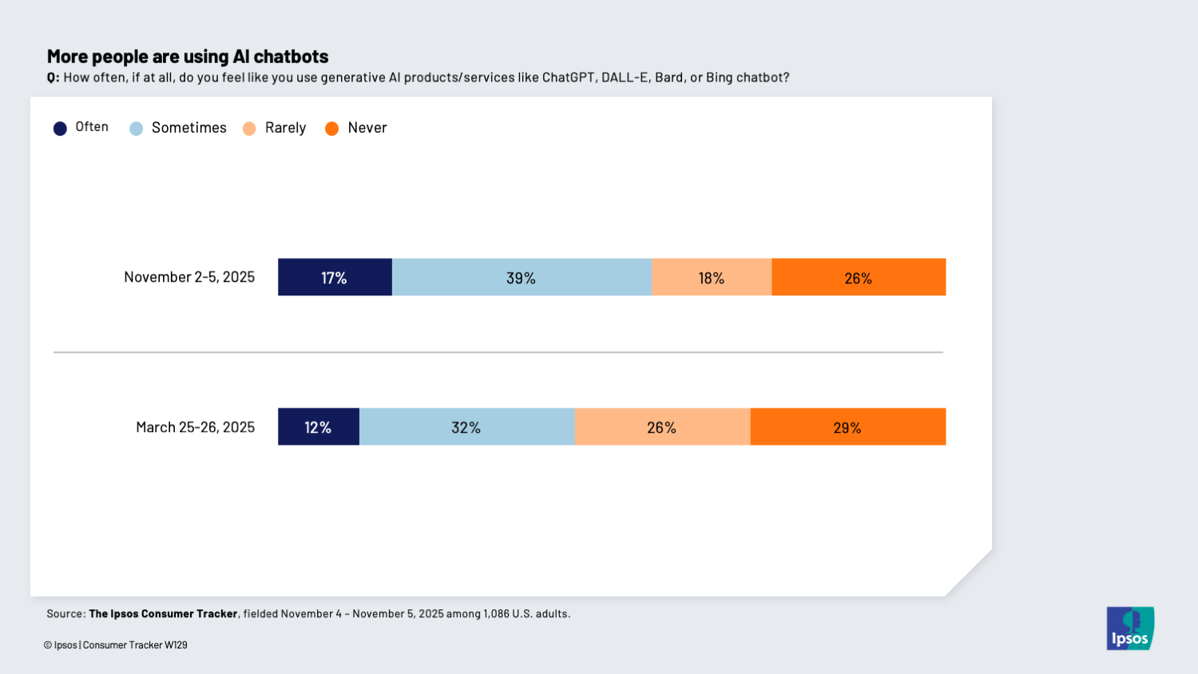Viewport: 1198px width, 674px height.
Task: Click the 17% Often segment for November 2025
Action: (335, 277)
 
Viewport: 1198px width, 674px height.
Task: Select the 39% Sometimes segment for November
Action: (521, 277)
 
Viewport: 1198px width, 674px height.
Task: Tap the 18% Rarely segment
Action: (711, 277)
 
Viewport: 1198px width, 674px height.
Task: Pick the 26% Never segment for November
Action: (859, 277)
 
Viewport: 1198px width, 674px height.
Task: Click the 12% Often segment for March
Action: (318, 426)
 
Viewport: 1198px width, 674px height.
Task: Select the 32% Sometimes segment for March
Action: (466, 426)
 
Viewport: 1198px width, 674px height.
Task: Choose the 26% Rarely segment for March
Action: (662, 426)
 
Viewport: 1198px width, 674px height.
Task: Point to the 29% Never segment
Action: (847, 426)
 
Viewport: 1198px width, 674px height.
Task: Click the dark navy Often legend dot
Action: (60, 129)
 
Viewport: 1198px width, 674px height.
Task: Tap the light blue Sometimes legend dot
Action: (137, 129)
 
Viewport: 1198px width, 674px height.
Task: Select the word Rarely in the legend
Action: (285, 128)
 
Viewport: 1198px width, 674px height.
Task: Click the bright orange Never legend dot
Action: (332, 129)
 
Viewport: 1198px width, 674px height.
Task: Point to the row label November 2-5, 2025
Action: (189, 277)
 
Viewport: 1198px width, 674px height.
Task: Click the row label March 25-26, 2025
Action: (195, 427)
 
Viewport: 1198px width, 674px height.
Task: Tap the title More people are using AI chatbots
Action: (188, 57)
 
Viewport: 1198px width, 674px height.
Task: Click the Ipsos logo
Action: (1130, 628)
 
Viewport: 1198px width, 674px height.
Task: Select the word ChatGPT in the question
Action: (568, 77)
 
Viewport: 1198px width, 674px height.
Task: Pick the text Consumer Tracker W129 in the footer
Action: (135, 645)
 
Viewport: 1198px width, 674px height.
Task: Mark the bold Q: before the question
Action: (53, 77)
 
